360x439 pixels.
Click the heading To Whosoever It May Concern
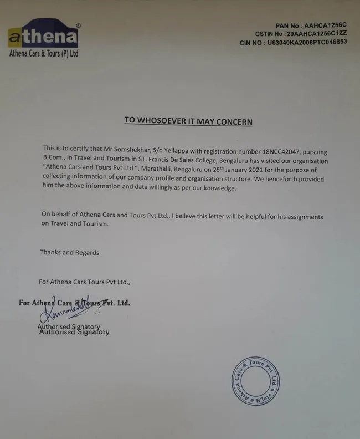(188, 121)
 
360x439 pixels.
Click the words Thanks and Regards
(69, 252)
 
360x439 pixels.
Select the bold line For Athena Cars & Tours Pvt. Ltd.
(74, 303)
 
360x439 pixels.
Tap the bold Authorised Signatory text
(74, 332)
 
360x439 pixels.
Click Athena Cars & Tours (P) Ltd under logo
(43, 54)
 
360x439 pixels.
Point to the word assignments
(302, 217)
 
